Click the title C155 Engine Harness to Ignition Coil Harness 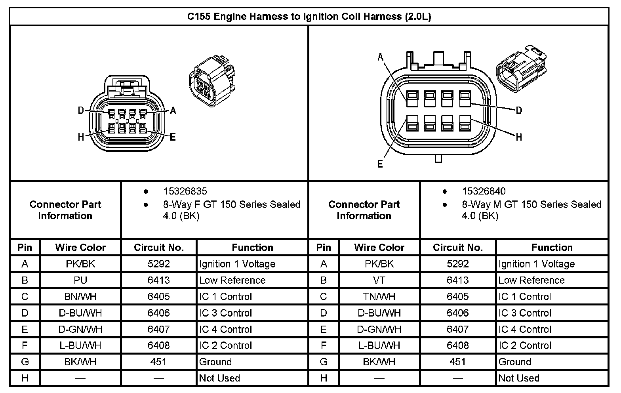click(309, 17)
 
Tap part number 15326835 click(185, 191)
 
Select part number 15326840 click(484, 191)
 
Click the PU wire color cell click(80, 280)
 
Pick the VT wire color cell click(379, 280)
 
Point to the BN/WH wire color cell click(80, 297)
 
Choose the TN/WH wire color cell click(379, 297)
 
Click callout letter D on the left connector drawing click(81, 111)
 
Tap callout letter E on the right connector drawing click(380, 164)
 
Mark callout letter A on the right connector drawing click(381, 58)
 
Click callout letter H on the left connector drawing click(81, 137)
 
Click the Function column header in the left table click(252, 248)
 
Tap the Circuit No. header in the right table click(457, 248)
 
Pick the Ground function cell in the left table click(215, 362)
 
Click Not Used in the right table click(519, 378)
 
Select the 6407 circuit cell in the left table click(158, 329)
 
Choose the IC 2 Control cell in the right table click(525, 346)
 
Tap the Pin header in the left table click(25, 248)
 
